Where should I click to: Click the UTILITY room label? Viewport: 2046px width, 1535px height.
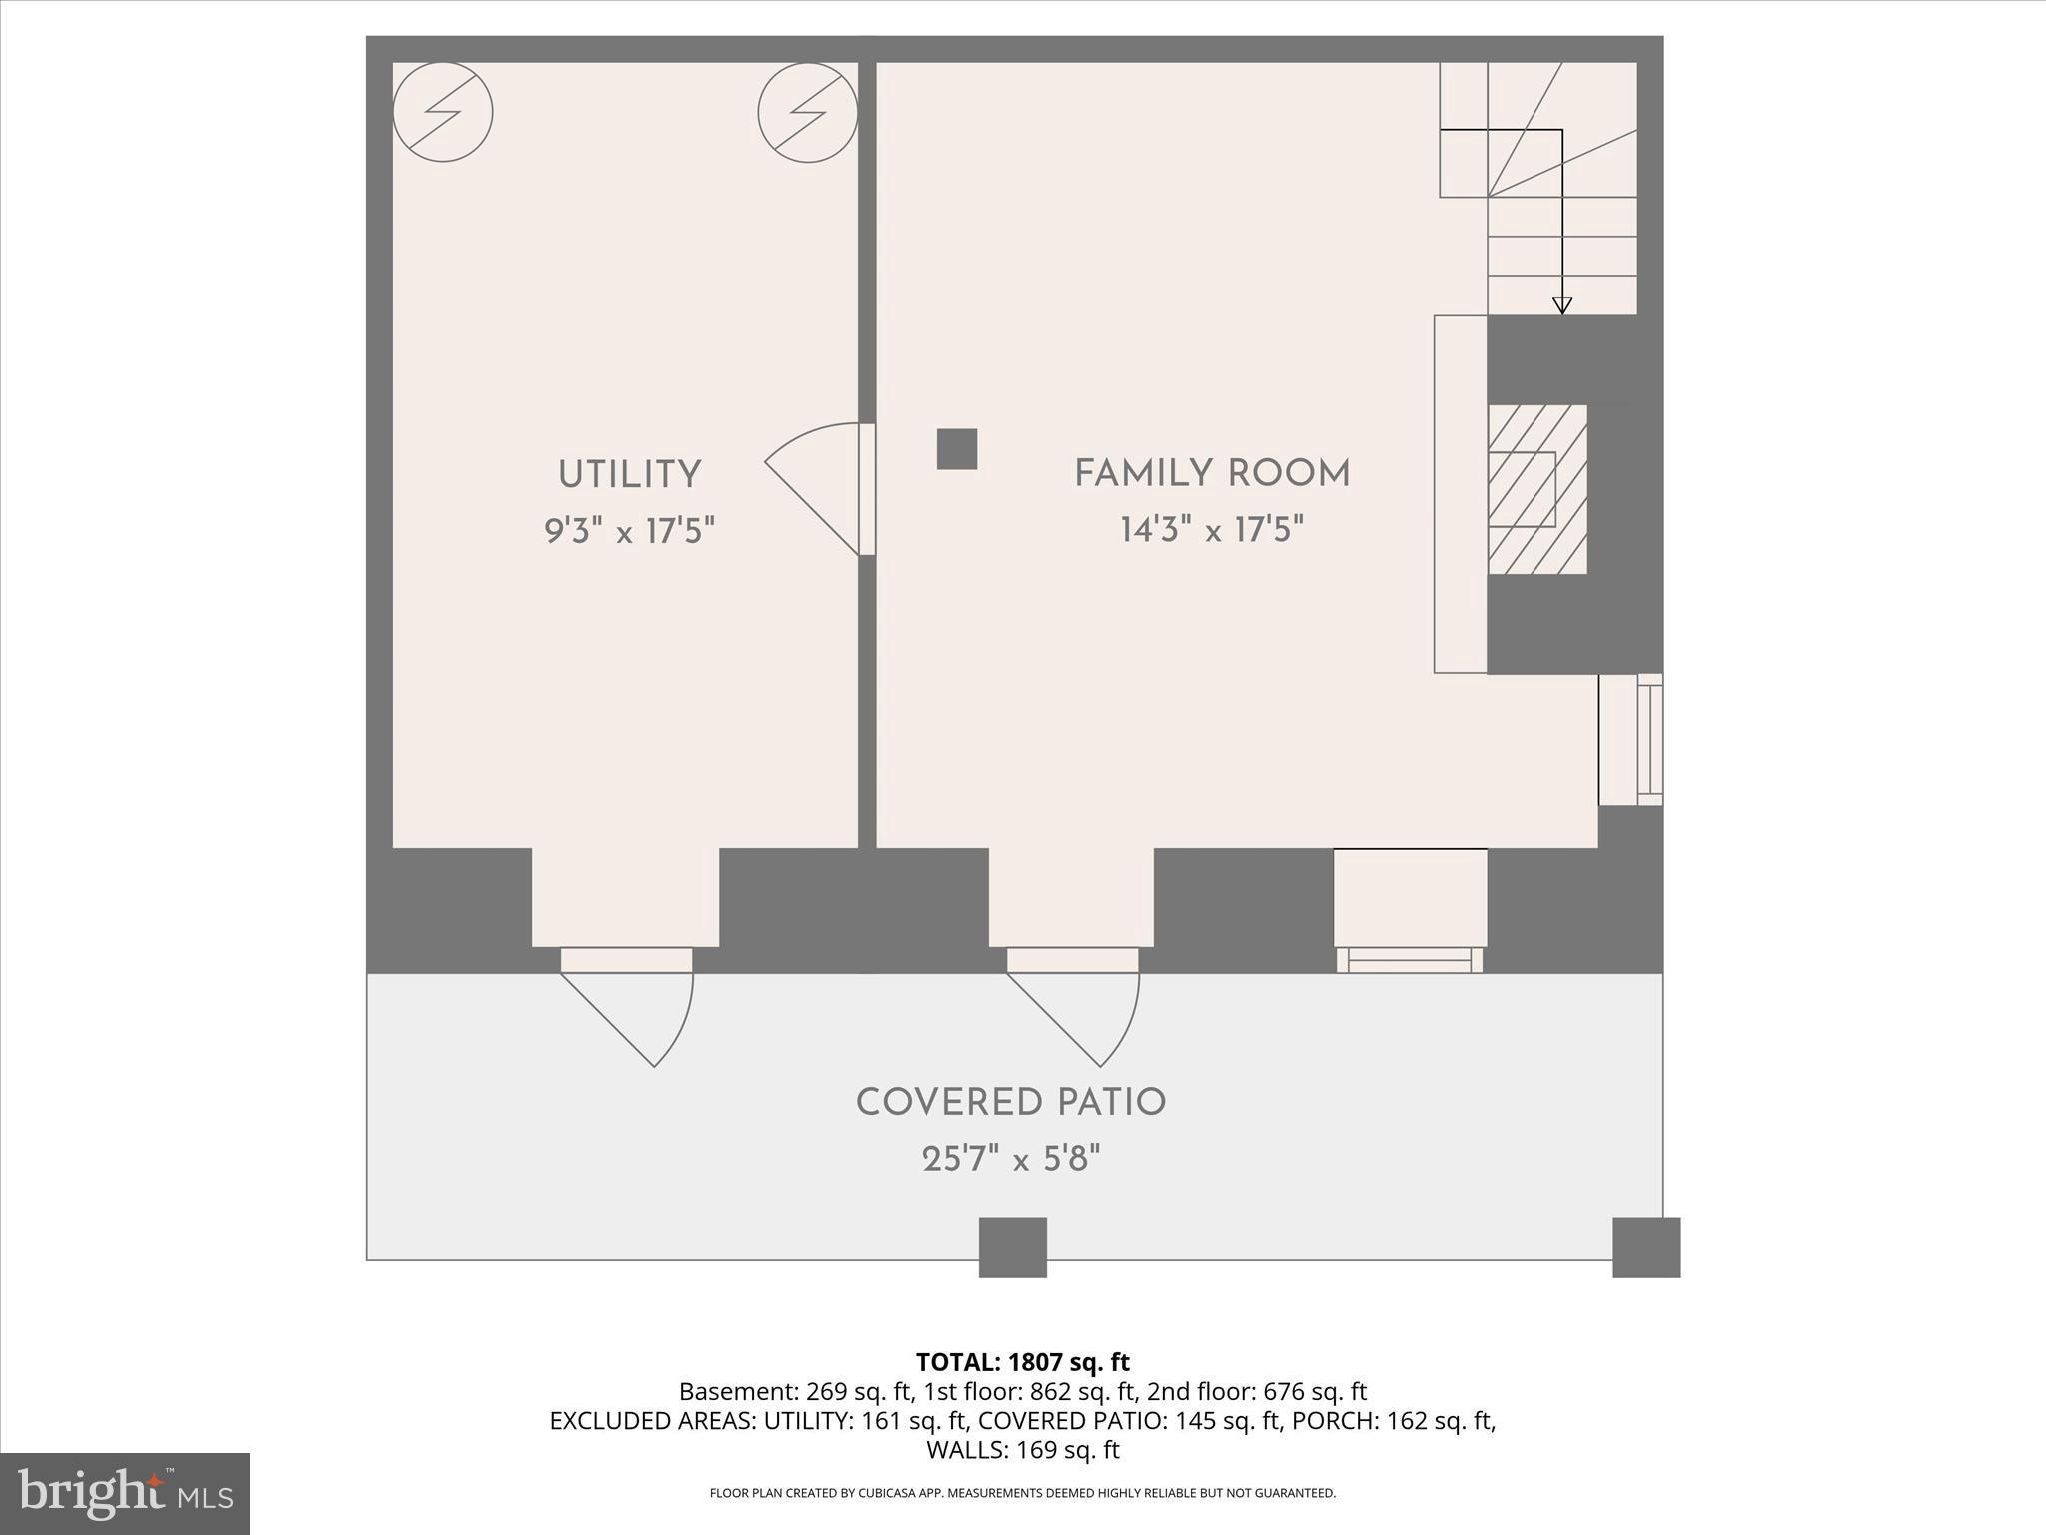point(629,475)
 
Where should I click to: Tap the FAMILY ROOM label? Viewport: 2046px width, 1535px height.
point(1212,473)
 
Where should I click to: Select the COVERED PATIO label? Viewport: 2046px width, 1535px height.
point(1011,1103)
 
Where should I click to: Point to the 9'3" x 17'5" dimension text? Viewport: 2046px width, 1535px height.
point(629,530)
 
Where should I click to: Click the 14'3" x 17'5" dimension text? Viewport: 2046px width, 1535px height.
point(1212,529)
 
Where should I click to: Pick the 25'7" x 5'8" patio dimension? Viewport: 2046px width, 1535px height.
point(1011,1160)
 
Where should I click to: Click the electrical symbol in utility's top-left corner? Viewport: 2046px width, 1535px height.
point(443,112)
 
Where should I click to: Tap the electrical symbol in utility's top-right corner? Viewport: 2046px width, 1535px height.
point(807,112)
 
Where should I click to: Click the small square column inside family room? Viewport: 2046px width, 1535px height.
point(956,449)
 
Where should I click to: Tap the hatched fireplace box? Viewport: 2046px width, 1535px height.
point(1536,489)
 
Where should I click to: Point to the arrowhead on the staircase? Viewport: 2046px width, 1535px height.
point(1562,306)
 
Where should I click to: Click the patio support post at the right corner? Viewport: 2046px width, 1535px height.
point(1646,1247)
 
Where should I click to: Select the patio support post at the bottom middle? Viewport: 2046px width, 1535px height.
point(1012,1247)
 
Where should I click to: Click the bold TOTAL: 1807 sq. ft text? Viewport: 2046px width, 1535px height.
point(1022,1362)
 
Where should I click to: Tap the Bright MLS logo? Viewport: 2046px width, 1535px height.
point(125,1493)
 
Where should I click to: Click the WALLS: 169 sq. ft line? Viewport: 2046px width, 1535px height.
point(1022,1450)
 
